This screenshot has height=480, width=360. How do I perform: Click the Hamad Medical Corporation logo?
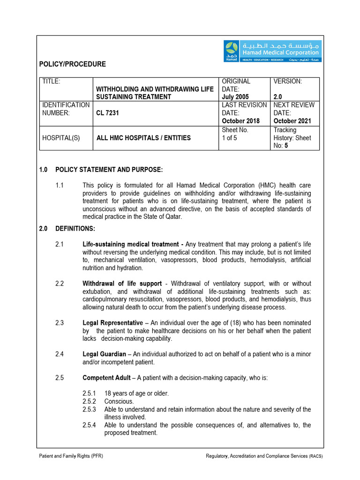(x=272, y=51)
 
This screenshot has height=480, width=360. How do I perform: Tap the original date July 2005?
(x=235, y=97)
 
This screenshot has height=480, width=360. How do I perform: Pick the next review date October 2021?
(x=292, y=121)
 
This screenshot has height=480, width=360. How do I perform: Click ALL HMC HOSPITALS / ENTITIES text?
(x=143, y=138)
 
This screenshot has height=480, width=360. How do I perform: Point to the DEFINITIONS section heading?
(x=75, y=228)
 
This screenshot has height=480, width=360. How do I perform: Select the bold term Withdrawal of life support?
(x=122, y=284)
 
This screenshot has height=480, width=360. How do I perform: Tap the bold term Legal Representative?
(x=112, y=323)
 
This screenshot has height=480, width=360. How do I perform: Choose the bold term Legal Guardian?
(x=105, y=354)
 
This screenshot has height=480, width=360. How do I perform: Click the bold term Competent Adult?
(x=106, y=377)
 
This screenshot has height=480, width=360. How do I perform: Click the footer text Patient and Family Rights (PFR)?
(x=71, y=456)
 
